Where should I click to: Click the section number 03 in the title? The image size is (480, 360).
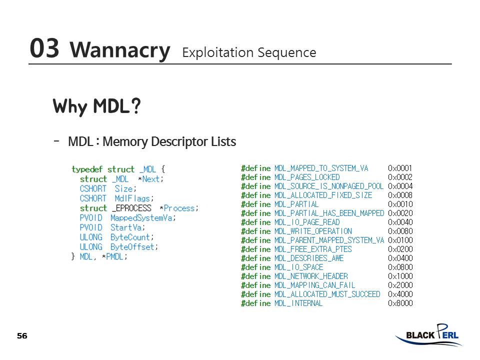coord(44,48)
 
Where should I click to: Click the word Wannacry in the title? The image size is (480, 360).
coord(120,50)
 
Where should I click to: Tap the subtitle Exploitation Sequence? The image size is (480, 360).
coord(249,52)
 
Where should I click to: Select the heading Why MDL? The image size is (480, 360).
coord(96,106)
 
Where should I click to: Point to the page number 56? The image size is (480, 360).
coord(22,335)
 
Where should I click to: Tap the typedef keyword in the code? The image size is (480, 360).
coord(87,169)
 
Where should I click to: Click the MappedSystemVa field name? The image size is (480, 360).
coord(142,218)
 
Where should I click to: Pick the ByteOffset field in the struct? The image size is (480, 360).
coord(133,247)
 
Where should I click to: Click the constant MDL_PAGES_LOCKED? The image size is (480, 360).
coord(307,177)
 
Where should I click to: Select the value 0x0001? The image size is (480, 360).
coord(400,168)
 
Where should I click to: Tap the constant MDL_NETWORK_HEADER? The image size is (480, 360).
coord(311,276)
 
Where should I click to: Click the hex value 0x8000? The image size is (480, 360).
coord(400,303)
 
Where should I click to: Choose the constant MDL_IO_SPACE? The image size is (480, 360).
coord(298,267)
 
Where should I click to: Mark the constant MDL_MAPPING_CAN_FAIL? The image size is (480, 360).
coord(314,285)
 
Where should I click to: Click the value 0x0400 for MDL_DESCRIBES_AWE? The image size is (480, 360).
coord(400,258)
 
